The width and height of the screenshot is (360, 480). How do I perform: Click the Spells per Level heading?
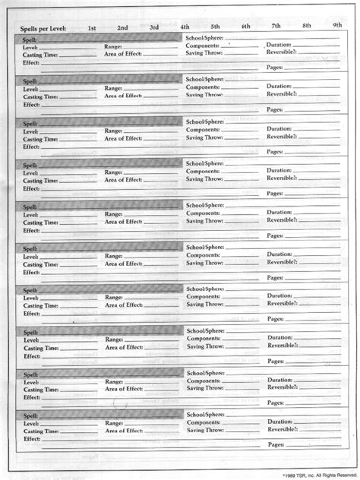tap(44, 28)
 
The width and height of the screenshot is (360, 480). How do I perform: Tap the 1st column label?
tap(92, 28)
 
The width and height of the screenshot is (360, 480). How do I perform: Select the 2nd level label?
tap(122, 28)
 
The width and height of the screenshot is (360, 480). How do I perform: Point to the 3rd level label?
tap(154, 27)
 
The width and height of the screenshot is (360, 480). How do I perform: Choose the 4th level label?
tap(185, 27)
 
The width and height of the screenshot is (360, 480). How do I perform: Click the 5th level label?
tap(216, 27)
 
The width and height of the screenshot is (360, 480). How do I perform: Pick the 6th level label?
tap(246, 27)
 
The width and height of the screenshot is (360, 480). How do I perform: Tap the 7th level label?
tap(276, 26)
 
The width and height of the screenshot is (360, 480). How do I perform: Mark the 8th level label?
tap(306, 26)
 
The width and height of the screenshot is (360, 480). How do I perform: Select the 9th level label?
tap(336, 26)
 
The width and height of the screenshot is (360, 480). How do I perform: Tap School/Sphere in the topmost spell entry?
tap(205, 36)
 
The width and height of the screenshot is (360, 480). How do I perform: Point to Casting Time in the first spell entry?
tap(40, 55)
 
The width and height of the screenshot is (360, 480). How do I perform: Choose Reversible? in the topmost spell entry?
tap(283, 53)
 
